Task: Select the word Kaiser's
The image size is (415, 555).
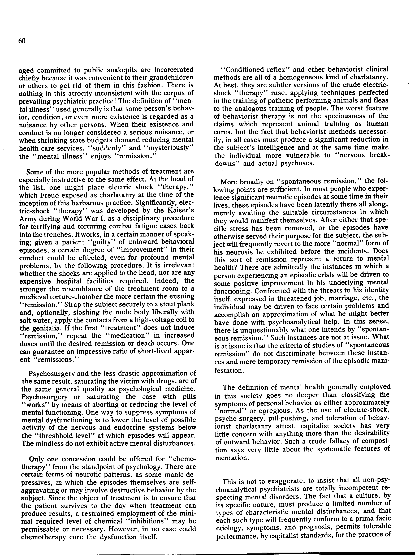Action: coord(179,210)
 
